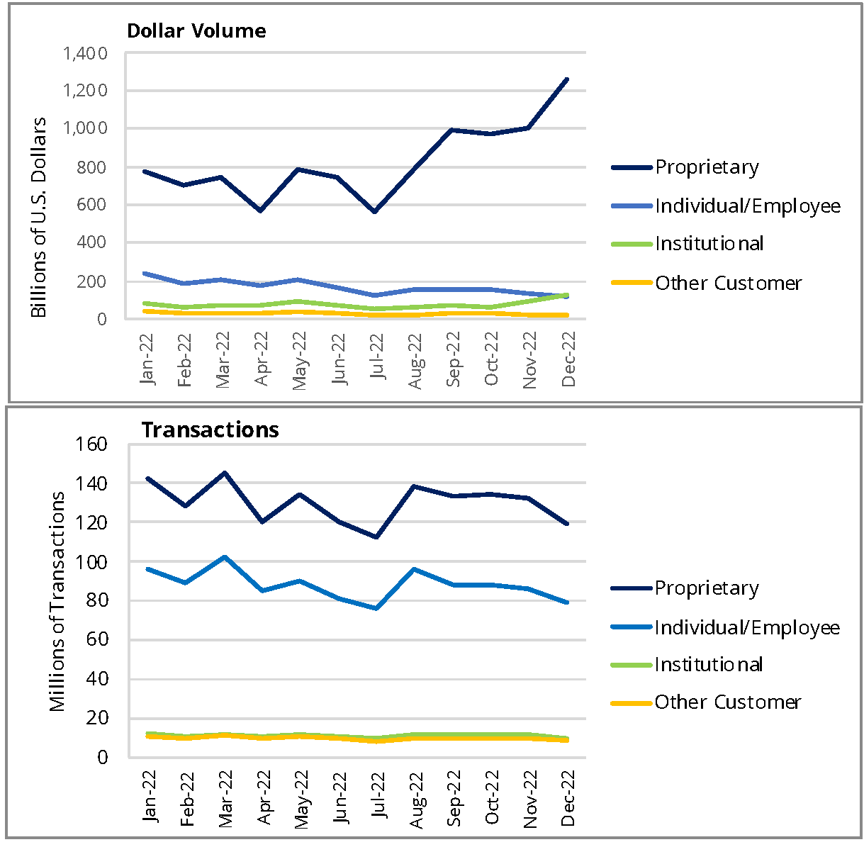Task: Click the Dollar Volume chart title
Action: click(196, 31)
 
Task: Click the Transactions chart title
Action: click(210, 430)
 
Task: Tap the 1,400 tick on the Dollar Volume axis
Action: click(85, 54)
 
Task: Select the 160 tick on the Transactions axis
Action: click(92, 444)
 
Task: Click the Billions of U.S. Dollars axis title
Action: click(39, 217)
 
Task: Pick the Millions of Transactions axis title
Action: click(57, 601)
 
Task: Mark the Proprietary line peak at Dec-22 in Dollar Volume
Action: click(567, 79)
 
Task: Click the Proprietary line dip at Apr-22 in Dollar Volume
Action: click(261, 211)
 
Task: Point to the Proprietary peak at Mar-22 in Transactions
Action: click(224, 473)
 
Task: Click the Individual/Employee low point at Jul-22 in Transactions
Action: click(376, 608)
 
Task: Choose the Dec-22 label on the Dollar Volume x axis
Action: click(568, 360)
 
